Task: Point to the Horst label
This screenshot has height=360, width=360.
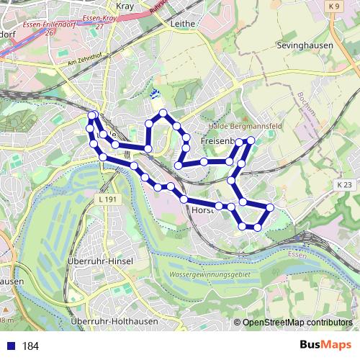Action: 204,210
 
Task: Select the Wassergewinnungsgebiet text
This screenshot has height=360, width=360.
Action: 207,275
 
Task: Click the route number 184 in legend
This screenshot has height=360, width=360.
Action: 31,346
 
